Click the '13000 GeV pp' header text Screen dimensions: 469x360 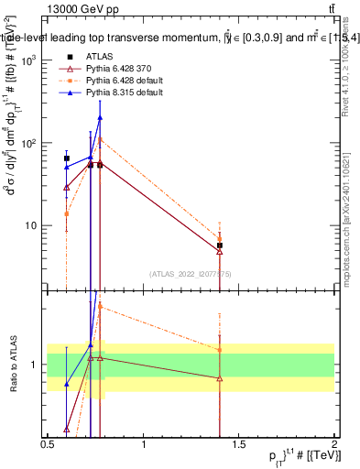[83, 8]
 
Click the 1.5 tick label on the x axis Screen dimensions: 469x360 [238, 443]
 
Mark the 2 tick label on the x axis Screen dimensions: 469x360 [334, 443]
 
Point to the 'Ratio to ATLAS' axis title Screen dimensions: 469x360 [14, 364]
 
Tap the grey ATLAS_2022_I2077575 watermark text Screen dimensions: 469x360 [191, 273]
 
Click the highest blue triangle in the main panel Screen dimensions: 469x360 [100, 117]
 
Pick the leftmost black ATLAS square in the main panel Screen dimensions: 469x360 [66, 158]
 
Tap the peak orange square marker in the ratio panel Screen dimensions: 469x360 [100, 306]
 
